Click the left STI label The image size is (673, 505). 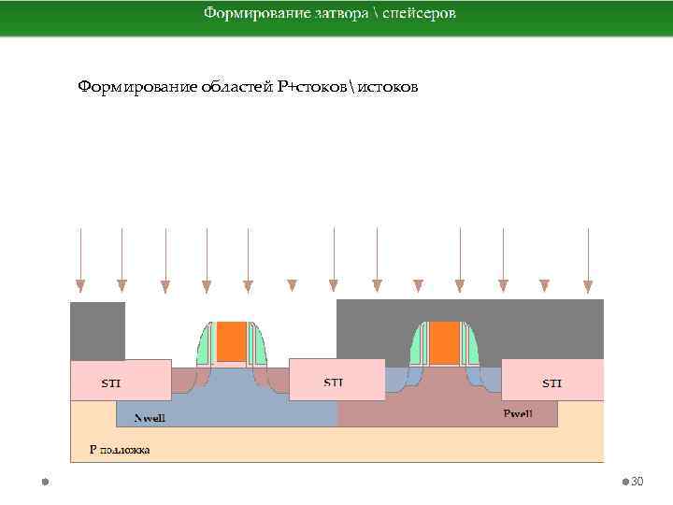click(x=110, y=383)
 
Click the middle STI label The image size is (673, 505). click(x=333, y=382)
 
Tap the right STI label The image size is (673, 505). click(x=552, y=383)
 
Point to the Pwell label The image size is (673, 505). click(x=518, y=413)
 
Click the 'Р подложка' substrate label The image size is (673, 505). click(x=119, y=450)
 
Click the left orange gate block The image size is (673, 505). click(x=232, y=342)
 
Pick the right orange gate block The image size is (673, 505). click(x=445, y=342)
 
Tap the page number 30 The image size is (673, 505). click(x=637, y=482)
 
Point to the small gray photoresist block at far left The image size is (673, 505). click(x=97, y=330)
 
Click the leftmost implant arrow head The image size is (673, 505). click(x=80, y=285)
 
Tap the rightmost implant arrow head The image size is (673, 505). click(x=588, y=285)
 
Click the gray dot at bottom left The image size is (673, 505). click(x=44, y=482)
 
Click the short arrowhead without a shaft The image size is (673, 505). click(x=292, y=285)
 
